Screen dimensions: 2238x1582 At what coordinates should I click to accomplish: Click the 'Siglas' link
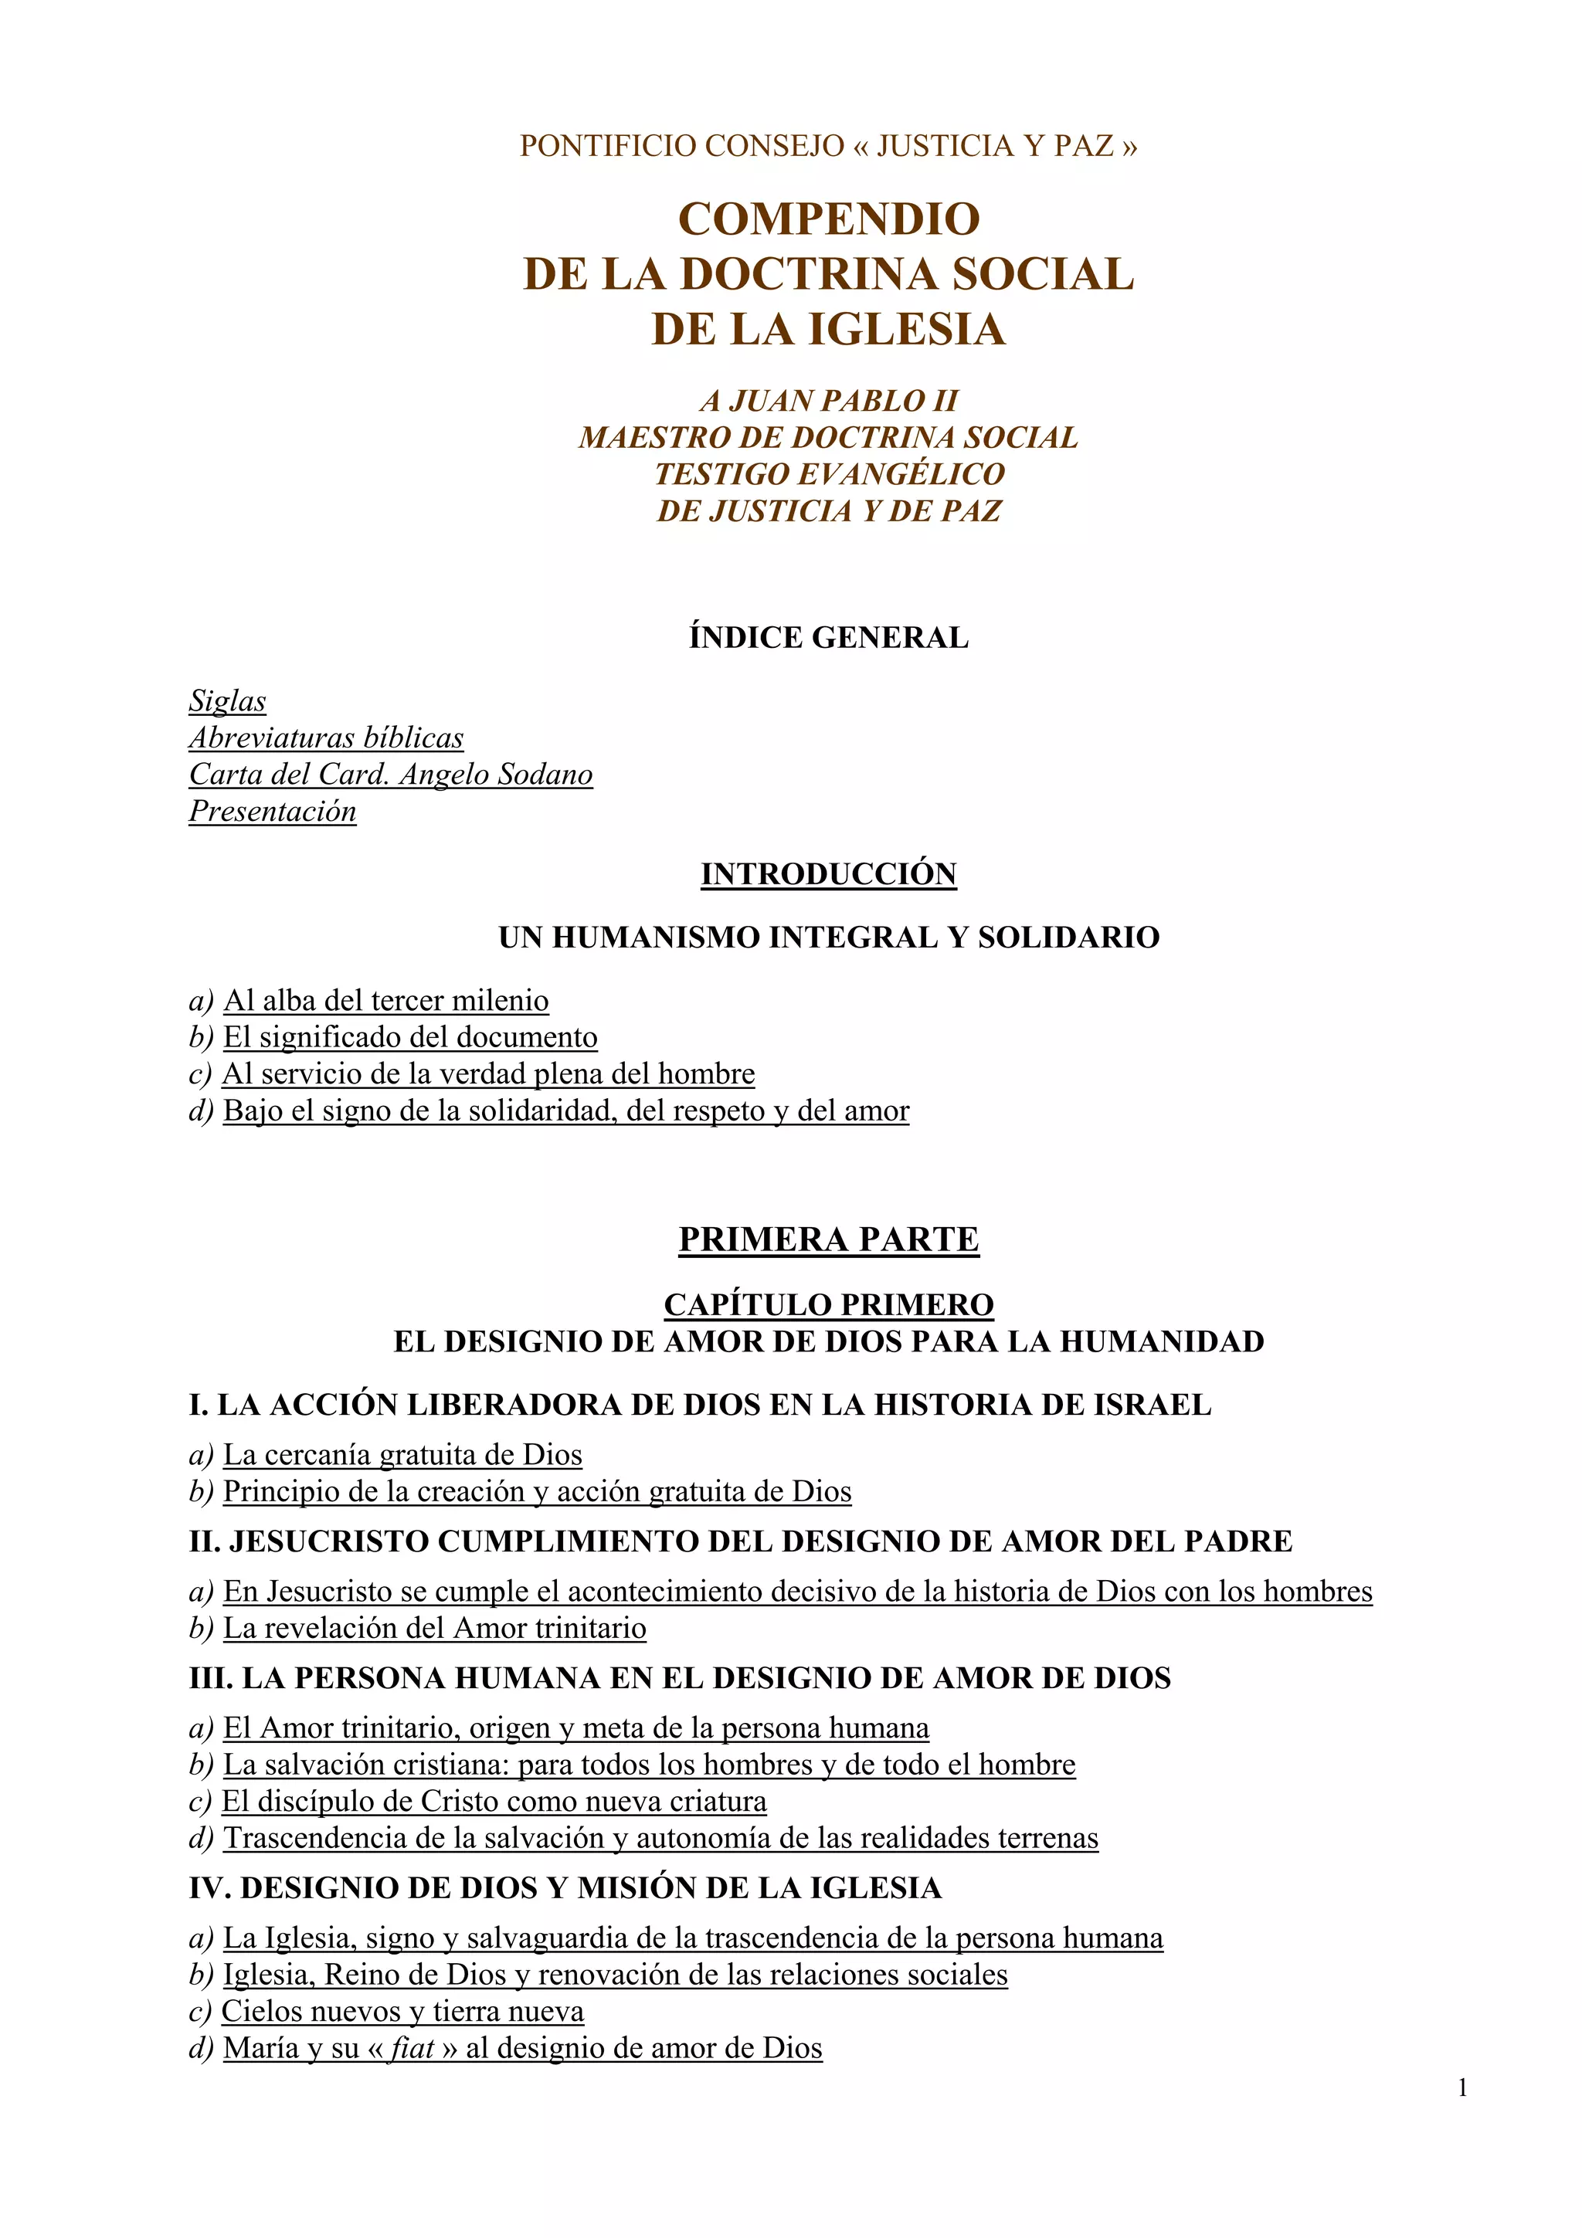(x=227, y=701)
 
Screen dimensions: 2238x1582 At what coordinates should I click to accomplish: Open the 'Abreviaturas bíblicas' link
(x=325, y=738)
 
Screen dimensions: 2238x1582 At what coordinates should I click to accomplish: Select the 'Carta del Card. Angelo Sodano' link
(x=390, y=775)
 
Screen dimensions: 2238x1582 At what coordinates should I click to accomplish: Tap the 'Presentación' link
(x=272, y=811)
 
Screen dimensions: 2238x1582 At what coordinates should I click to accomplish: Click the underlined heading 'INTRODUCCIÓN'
(x=829, y=873)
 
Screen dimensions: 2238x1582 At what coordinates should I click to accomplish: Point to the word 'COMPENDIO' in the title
(x=829, y=219)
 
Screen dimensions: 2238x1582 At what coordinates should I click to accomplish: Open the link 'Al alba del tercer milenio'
(x=386, y=1000)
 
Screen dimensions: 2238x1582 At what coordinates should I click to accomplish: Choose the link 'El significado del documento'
(x=410, y=1037)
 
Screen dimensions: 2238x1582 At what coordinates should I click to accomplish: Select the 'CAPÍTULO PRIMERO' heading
(x=829, y=1304)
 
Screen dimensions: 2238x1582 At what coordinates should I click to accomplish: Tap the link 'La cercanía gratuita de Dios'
(x=402, y=1454)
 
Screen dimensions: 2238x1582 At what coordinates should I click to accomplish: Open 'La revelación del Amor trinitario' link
(x=435, y=1628)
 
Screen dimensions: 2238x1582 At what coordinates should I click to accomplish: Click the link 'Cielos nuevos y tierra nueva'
(x=402, y=2011)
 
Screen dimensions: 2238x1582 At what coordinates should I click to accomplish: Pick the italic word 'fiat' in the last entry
(x=412, y=2048)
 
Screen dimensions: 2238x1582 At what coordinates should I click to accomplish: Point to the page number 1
(x=1462, y=2088)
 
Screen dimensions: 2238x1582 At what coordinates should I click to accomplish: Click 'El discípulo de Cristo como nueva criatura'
(x=494, y=1802)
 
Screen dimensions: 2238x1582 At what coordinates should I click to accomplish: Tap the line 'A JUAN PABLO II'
(x=829, y=401)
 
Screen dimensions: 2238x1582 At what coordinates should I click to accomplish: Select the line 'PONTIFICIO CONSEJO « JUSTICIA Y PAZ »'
(x=829, y=146)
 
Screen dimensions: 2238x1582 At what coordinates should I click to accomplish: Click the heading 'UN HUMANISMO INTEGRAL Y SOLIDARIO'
(x=829, y=938)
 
